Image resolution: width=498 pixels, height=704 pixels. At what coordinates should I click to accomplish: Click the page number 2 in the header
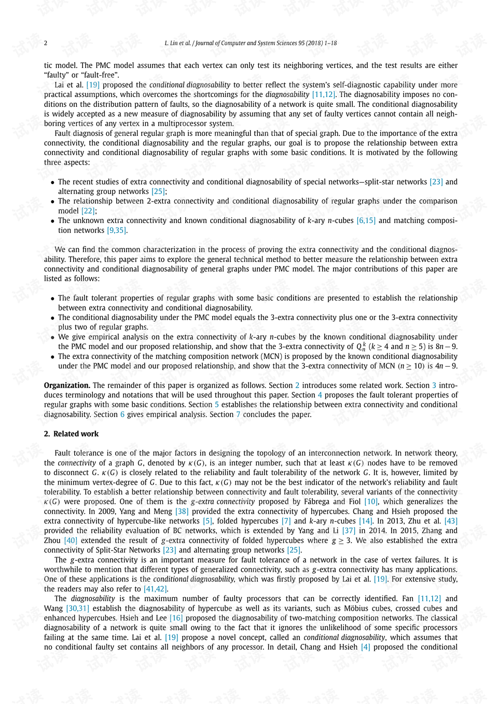(x=46, y=43)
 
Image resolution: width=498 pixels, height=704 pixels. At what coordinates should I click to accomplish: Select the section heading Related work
(x=76, y=434)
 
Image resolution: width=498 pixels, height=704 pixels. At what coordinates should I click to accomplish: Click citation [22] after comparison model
(x=88, y=211)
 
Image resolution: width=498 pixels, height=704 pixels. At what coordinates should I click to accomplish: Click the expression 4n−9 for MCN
(x=446, y=366)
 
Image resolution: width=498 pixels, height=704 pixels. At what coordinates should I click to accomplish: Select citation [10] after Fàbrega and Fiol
(x=370, y=502)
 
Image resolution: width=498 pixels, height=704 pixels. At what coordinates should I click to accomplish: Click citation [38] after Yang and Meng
(x=182, y=512)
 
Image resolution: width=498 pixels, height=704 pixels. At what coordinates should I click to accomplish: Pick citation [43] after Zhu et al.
(x=451, y=521)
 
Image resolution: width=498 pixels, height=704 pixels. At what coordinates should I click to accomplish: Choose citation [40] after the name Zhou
(x=71, y=541)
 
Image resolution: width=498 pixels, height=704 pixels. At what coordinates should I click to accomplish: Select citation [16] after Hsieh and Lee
(x=176, y=618)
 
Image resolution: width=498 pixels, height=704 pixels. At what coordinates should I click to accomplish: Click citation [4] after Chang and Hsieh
(x=365, y=647)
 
